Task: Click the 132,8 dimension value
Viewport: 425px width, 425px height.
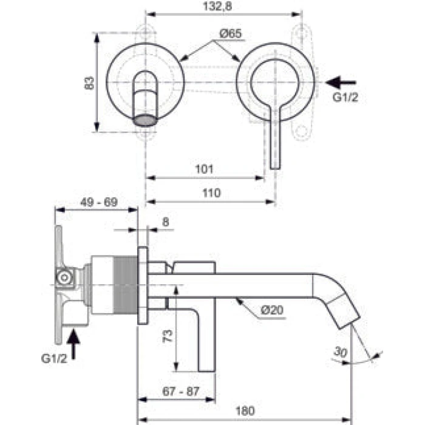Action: [217, 6]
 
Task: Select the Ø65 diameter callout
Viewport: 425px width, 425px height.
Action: [230, 33]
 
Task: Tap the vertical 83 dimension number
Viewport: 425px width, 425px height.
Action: [89, 83]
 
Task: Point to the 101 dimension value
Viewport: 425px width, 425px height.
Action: [205, 169]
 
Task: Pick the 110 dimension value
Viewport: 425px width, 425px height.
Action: [212, 193]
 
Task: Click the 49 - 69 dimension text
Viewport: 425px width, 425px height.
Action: [99, 202]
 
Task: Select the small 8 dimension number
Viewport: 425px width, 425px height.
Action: [165, 222]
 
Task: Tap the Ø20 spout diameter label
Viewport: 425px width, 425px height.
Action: [272, 310]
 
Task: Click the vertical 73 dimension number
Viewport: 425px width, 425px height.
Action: [168, 336]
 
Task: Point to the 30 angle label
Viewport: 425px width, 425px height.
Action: [341, 352]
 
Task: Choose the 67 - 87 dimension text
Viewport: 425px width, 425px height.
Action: [181, 392]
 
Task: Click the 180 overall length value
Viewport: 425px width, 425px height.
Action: [245, 411]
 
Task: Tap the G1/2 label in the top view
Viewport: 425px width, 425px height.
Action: [345, 97]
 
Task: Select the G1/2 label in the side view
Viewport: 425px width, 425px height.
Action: [54, 358]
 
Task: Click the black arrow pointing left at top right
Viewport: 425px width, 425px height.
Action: [341, 83]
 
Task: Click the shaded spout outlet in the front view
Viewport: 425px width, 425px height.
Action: [145, 120]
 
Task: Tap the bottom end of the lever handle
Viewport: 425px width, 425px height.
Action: [276, 169]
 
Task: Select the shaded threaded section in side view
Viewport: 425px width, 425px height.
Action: [125, 285]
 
